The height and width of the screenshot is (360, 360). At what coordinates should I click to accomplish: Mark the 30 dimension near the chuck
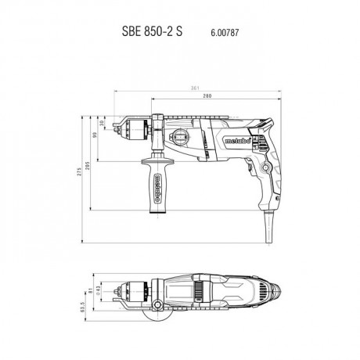(x=103, y=123)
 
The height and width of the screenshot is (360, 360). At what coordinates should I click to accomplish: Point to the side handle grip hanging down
(x=157, y=185)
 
